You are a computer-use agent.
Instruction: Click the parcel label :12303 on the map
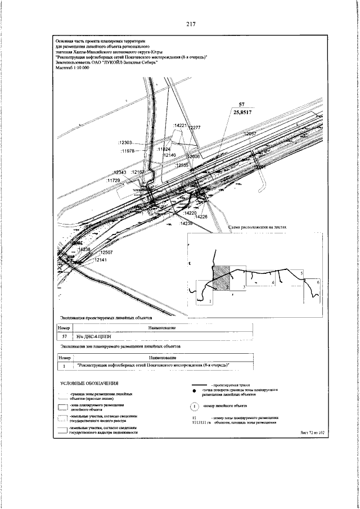coord(127,143)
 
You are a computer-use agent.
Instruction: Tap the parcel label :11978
coord(129,151)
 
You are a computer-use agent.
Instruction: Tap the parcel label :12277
coord(193,128)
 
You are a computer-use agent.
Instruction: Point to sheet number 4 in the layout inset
coord(272,282)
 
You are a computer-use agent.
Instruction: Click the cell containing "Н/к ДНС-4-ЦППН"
coord(84,336)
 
